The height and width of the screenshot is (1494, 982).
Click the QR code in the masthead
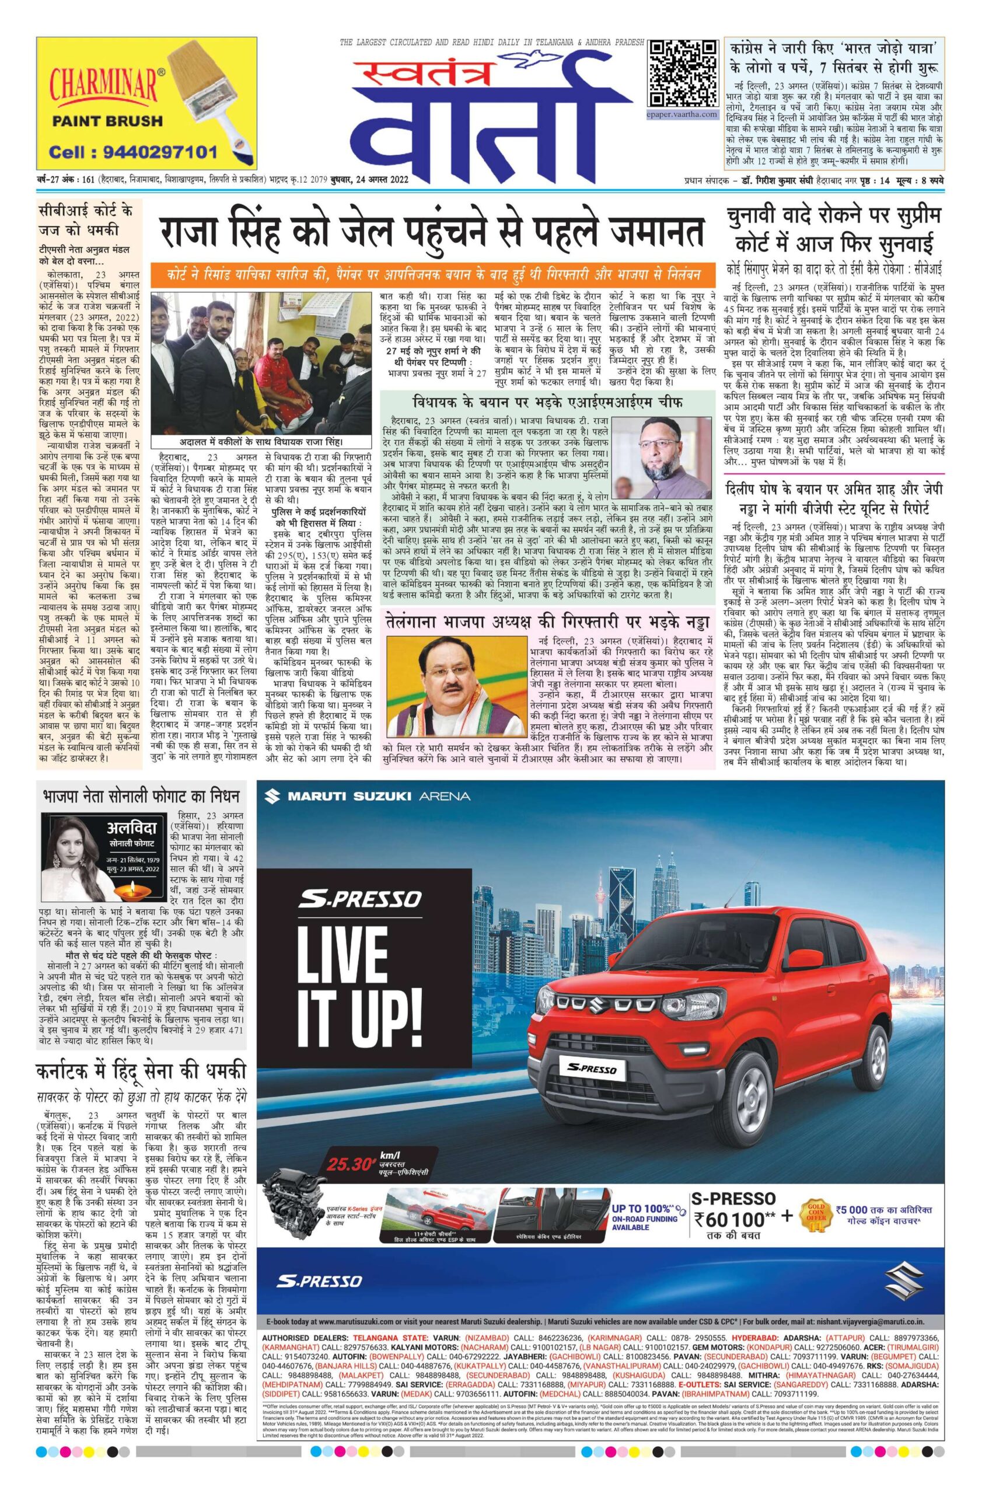(x=683, y=74)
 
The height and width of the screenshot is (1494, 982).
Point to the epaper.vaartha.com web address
(x=682, y=115)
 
